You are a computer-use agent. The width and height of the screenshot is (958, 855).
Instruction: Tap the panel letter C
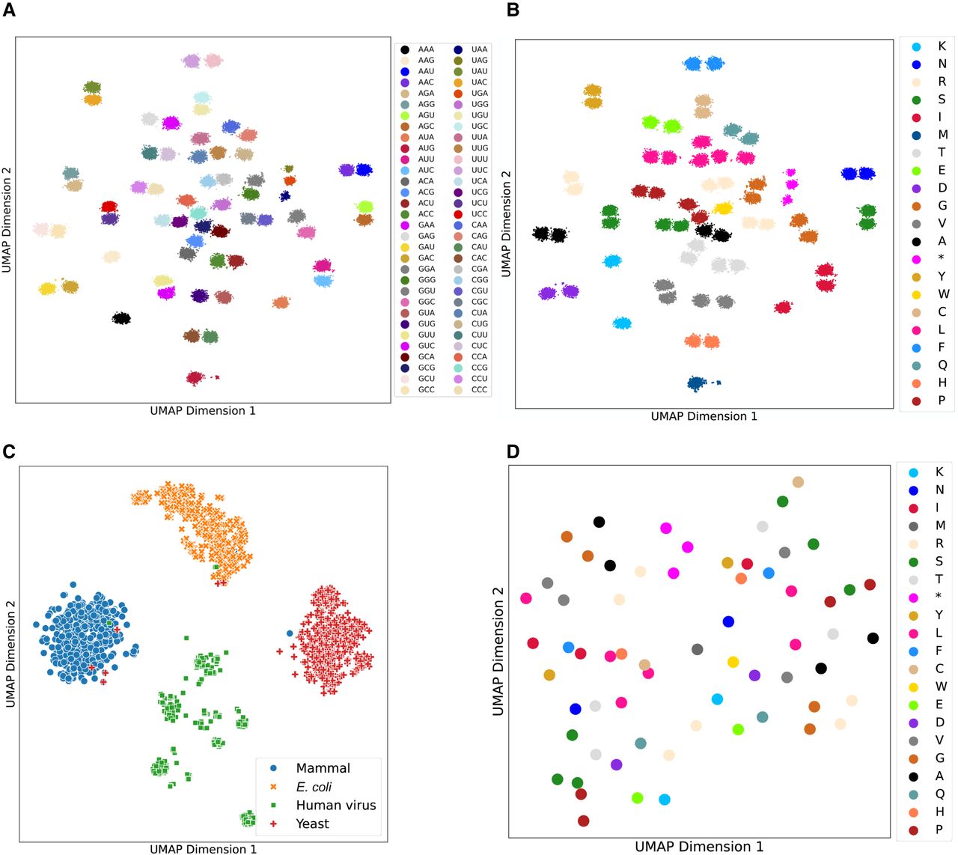pyautogui.click(x=9, y=451)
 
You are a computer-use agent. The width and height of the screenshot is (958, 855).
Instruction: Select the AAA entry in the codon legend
pyautogui.click(x=418, y=49)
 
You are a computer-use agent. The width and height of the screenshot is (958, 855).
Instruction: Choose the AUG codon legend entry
pyautogui.click(x=418, y=148)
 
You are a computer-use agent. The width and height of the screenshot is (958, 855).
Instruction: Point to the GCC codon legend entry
pyautogui.click(x=418, y=389)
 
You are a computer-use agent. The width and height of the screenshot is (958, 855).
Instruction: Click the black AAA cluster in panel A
pyautogui.click(x=121, y=318)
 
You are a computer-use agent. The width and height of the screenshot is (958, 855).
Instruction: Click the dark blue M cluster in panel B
pyautogui.click(x=697, y=383)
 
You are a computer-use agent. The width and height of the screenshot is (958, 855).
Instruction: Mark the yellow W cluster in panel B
pyautogui.click(x=722, y=208)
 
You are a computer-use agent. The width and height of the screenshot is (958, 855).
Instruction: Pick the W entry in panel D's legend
pyautogui.click(x=927, y=687)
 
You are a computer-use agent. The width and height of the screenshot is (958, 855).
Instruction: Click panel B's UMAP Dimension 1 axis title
pyautogui.click(x=704, y=416)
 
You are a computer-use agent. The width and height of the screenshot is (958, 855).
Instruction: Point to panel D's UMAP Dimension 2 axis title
pyautogui.click(x=498, y=651)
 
